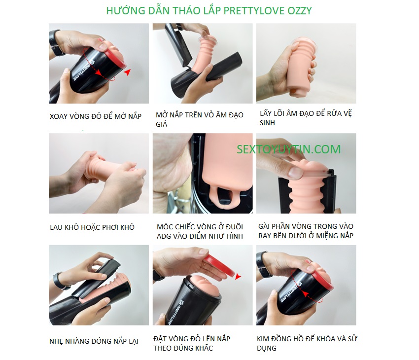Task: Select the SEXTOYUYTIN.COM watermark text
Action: (288, 149)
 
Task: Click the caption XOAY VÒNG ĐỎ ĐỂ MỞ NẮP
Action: (96, 116)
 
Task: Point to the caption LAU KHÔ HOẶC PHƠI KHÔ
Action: (92, 227)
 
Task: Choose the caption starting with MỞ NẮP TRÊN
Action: (200, 119)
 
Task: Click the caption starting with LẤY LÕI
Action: (306, 118)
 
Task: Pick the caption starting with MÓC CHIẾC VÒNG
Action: (200, 231)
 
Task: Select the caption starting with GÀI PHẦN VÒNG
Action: (306, 231)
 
